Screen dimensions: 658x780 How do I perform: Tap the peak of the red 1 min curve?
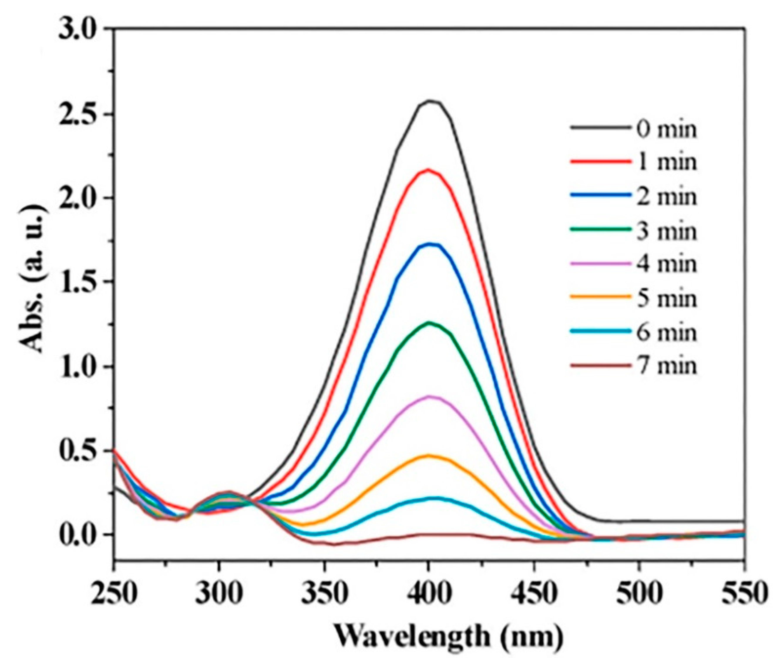tap(428, 170)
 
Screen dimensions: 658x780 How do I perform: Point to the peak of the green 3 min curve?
tap(430, 322)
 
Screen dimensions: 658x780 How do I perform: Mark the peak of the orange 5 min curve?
tap(430, 455)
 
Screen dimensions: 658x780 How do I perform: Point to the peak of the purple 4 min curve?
tap(430, 397)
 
